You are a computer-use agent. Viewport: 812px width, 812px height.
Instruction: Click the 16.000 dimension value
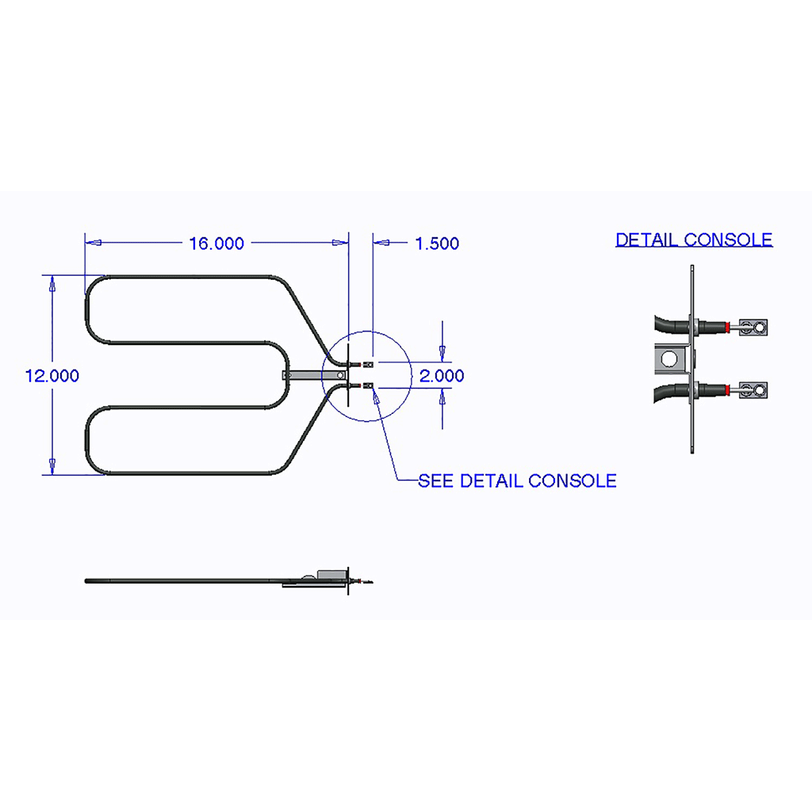[x=216, y=243]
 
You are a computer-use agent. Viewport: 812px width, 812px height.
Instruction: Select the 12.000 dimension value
[x=52, y=376]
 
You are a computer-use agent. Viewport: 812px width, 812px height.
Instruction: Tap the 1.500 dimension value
[x=437, y=243]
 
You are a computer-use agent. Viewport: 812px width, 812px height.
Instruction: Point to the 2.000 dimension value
[x=442, y=376]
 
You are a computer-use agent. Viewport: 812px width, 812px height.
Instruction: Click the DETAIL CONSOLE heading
[x=694, y=239]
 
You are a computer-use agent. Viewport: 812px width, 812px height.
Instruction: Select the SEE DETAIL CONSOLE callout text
[x=517, y=481]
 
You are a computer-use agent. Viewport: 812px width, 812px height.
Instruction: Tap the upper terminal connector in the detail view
[x=753, y=327]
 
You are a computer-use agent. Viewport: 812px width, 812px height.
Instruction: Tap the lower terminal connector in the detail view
[x=753, y=390]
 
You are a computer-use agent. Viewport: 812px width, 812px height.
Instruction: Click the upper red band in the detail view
[x=728, y=327]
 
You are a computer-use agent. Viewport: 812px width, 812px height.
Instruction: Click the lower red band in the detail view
[x=728, y=390]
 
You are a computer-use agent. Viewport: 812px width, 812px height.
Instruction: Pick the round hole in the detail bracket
[x=669, y=358]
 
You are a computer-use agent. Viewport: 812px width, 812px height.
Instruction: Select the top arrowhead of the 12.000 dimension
[x=52, y=283]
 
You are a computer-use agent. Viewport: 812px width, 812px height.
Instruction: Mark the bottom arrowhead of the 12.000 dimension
[x=52, y=466]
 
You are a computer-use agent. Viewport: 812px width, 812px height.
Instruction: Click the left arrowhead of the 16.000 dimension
[x=94, y=243]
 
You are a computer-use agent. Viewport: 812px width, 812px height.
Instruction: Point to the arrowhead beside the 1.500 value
[x=381, y=243]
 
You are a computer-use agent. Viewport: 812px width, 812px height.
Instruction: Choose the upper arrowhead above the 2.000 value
[x=442, y=354]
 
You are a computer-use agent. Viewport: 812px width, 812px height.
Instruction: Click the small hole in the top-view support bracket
[x=340, y=375]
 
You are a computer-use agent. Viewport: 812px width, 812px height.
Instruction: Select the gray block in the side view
[x=331, y=576]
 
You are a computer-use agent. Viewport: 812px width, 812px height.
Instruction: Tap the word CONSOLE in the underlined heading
[x=729, y=239]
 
